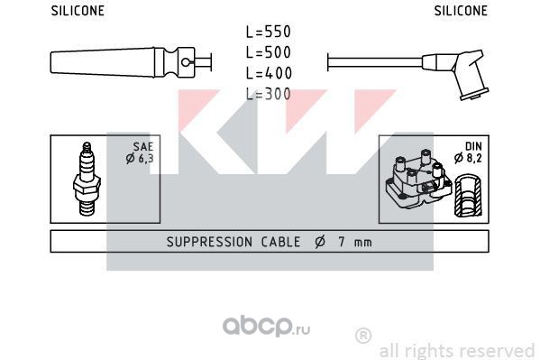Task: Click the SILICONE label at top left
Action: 78,11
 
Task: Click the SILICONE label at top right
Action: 461,11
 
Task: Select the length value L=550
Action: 269,32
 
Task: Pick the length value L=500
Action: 269,52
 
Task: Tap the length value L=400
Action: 269,73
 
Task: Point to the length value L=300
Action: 269,94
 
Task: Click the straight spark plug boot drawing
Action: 131,62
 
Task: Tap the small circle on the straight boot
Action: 186,62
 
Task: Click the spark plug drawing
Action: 87,180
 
